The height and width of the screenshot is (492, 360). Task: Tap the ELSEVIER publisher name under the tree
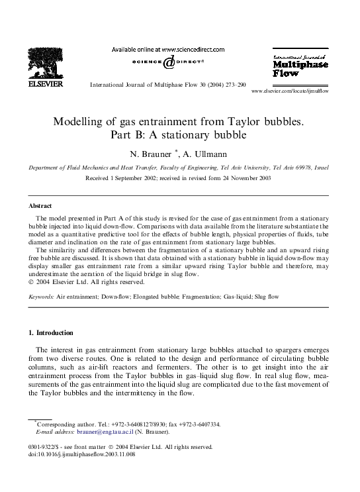pos(44,85)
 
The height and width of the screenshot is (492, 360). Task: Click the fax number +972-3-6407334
pos(196,424)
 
